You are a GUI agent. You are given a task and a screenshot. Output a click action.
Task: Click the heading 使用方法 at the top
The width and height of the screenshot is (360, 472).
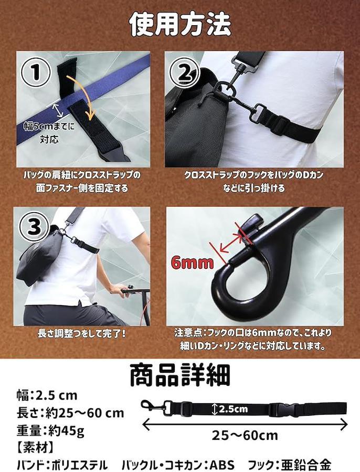click(180, 25)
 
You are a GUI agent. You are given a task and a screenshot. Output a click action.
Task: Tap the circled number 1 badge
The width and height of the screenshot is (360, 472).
click(36, 72)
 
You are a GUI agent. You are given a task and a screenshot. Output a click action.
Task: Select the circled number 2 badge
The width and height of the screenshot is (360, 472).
click(185, 71)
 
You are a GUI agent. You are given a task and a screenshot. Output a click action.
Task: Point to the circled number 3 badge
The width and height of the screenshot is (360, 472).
click(34, 227)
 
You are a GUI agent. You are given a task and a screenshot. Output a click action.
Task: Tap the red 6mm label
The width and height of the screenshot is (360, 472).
click(193, 263)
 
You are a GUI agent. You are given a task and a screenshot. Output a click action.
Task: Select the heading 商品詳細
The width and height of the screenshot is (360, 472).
click(180, 375)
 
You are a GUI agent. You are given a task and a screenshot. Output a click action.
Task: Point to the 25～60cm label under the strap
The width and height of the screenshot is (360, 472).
click(245, 436)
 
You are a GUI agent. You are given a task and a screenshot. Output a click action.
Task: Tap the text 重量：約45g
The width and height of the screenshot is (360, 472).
click(50, 431)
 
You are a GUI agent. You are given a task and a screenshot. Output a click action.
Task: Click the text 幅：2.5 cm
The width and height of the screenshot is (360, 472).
click(47, 395)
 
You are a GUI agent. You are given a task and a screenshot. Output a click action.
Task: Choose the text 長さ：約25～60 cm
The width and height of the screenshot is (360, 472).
click(70, 413)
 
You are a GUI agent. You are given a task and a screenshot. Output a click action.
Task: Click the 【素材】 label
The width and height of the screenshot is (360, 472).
click(35, 448)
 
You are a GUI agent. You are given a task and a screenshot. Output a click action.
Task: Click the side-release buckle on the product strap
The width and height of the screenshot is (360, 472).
click(281, 409)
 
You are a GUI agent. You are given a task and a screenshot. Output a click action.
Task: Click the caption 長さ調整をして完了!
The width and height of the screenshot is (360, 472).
click(82, 334)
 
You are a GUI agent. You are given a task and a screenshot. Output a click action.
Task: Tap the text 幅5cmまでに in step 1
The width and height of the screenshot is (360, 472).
click(49, 127)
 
